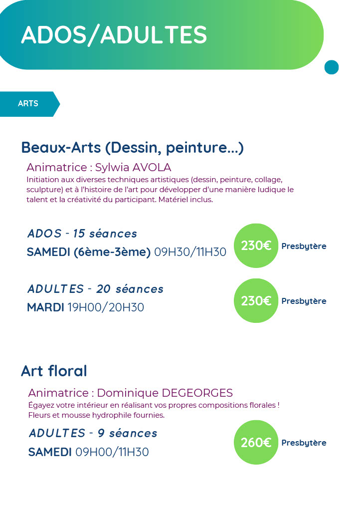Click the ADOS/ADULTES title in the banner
pyautogui.click(x=114, y=35)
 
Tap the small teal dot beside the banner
pyautogui.click(x=331, y=67)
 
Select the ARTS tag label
pyautogui.click(x=28, y=104)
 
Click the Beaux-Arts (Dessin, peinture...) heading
pyautogui.click(x=132, y=148)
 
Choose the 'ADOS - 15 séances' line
pyautogui.click(x=82, y=234)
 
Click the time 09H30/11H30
pyautogui.click(x=190, y=252)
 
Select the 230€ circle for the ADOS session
pyautogui.click(x=256, y=246)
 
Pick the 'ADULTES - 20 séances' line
pyautogui.click(x=95, y=289)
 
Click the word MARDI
pyautogui.click(x=45, y=307)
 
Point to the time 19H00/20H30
pyautogui.click(x=106, y=307)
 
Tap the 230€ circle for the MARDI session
pyautogui.click(x=256, y=301)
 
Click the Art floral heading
pyautogui.click(x=54, y=371)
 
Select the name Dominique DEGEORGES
pyautogui.click(x=165, y=393)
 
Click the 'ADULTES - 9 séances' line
pyautogui.click(x=93, y=433)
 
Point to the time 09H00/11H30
pyautogui.click(x=112, y=452)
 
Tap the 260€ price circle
pyautogui.click(x=256, y=443)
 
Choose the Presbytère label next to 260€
pyautogui.click(x=304, y=443)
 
